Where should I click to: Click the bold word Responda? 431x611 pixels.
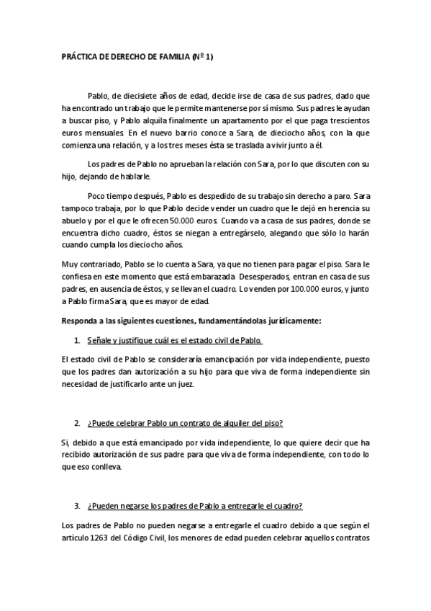point(81,299)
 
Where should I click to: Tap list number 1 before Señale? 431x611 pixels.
point(77,319)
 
